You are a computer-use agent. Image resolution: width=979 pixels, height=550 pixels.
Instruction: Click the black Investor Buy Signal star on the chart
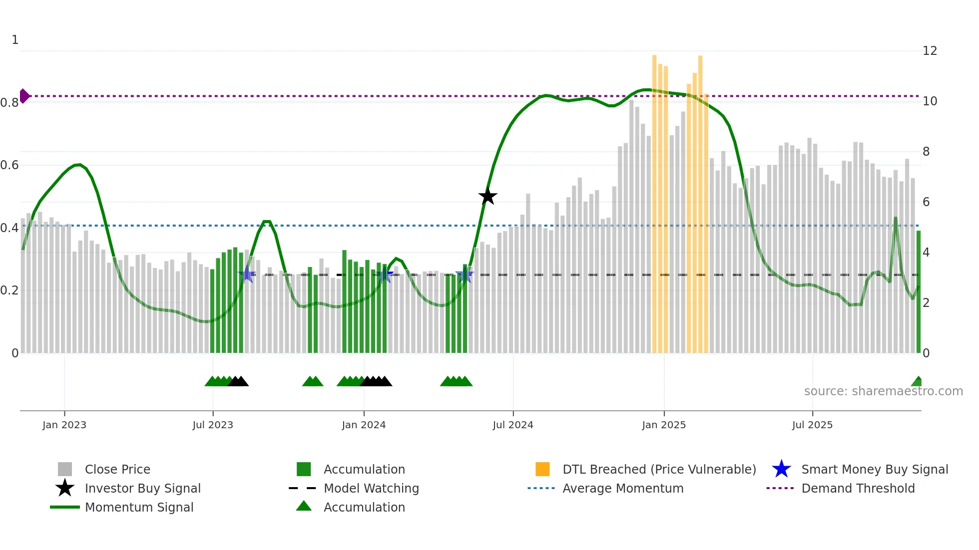[488, 196]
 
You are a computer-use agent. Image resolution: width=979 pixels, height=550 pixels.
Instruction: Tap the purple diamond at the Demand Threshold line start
[24, 96]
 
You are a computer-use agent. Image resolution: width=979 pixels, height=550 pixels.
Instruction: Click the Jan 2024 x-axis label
[364, 425]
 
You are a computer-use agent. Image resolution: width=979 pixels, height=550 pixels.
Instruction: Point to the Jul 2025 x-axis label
[812, 425]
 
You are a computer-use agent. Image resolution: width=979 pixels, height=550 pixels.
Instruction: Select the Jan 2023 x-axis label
[64, 425]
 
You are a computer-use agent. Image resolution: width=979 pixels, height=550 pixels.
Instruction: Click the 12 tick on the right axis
[930, 51]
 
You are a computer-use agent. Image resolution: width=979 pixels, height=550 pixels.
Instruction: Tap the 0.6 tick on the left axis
[9, 165]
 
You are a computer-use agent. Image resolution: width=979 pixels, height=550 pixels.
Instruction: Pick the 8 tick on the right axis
[926, 152]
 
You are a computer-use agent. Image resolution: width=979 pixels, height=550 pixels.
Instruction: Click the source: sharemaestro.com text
[883, 391]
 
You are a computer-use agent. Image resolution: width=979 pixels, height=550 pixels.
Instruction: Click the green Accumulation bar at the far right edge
[918, 292]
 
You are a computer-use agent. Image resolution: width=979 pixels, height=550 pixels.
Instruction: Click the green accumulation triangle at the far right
[917, 382]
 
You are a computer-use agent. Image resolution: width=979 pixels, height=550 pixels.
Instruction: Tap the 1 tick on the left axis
[15, 40]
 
